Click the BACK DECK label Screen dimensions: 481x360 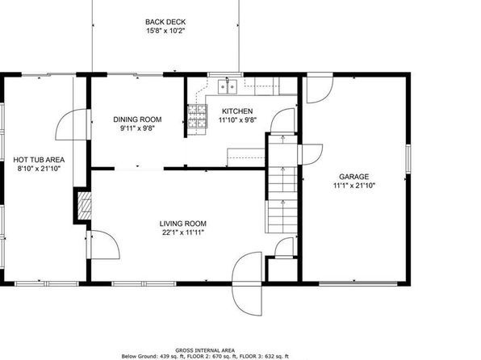pos(165,22)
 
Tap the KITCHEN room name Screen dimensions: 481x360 pos(237,111)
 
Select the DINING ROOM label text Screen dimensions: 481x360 pos(137,119)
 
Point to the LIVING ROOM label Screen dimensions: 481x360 pos(183,224)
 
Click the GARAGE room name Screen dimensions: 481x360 pos(354,177)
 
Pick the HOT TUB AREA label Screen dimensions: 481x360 pos(39,160)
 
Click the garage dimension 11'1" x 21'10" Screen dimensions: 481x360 pos(354,186)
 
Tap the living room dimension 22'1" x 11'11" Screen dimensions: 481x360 pos(183,232)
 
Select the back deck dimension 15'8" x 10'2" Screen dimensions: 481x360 pos(165,31)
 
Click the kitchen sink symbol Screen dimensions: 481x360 pos(228,86)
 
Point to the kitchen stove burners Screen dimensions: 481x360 pos(197,116)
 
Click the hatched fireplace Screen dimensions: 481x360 pos(84,206)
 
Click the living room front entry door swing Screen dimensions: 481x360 pos(247,283)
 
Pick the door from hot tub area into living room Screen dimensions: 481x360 pos(103,245)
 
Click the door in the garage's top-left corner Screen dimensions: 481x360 pos(320,88)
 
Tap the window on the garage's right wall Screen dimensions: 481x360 pos(408,158)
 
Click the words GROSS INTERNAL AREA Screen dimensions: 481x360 pos(205,350)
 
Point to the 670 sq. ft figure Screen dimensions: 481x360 pos(227,357)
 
